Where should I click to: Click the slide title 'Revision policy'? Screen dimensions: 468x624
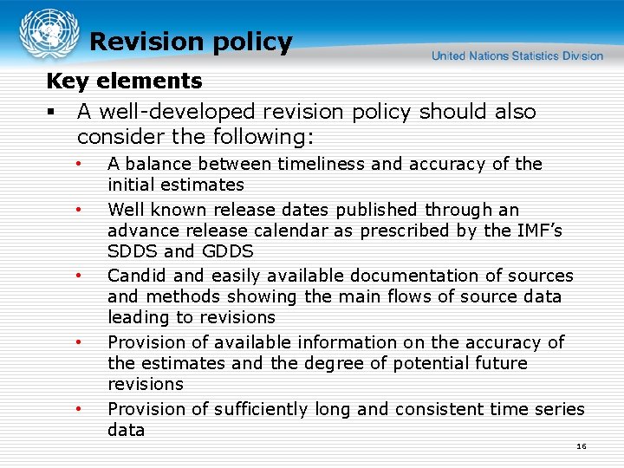point(191,42)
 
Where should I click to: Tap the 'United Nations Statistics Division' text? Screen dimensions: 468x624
point(517,56)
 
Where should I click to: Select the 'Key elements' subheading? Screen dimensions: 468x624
point(124,81)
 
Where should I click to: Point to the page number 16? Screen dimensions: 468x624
point(581,446)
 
